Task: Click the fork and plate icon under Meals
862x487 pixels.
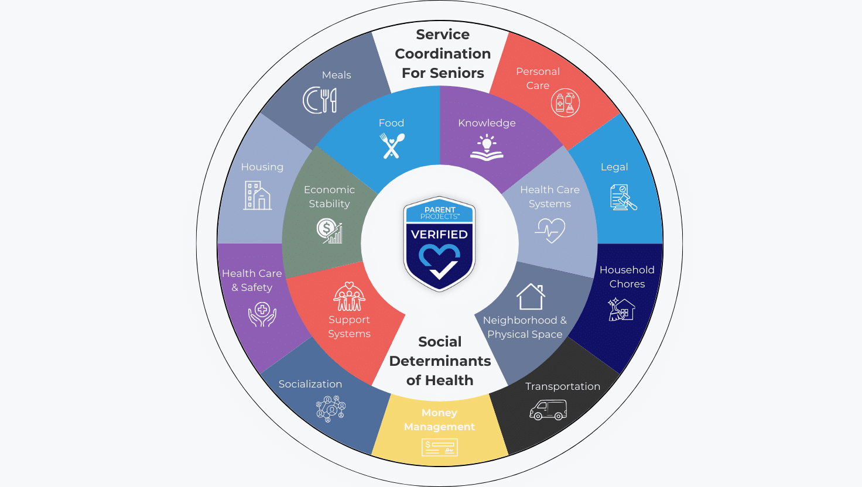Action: pos(320,100)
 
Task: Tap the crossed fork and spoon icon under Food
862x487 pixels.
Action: pos(392,146)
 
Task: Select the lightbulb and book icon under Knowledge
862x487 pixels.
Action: pos(487,147)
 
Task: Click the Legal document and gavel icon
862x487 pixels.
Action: pos(622,197)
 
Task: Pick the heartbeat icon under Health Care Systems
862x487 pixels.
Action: pos(550,231)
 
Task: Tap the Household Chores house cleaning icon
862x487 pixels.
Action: pos(621,309)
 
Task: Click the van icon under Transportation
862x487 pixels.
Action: pos(548,410)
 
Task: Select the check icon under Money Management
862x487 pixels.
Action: pos(439,448)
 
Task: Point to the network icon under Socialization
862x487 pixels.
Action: pos(331,409)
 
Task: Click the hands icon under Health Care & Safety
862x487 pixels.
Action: pos(262,314)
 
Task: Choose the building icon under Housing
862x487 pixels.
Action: pos(257,196)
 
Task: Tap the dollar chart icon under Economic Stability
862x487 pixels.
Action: pos(330,231)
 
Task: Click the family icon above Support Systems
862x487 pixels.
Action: pos(350,297)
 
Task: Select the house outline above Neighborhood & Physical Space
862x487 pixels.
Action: pos(531,297)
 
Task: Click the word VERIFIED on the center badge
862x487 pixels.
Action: pos(439,235)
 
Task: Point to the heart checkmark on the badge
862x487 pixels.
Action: pos(440,261)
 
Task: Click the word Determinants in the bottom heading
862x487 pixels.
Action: pos(440,361)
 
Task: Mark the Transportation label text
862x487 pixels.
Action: pos(562,386)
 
